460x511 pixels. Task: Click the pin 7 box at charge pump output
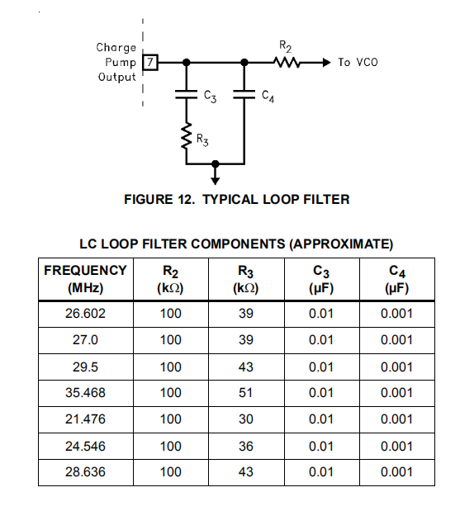pos(150,62)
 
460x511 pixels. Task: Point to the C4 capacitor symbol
pos(245,95)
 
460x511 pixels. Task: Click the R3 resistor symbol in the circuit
pos(187,136)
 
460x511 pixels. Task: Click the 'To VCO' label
pos(358,62)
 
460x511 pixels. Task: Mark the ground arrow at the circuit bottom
pos(216,177)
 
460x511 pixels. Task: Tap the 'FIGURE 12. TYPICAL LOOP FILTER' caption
pos(236,199)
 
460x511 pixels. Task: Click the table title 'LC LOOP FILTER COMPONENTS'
pos(236,244)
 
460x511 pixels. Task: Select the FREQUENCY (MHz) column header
pos(85,279)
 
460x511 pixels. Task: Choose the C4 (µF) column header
pos(397,279)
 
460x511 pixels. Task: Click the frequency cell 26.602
pos(85,314)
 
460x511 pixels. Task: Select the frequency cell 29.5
pos(85,367)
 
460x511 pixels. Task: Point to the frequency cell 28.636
pos(85,473)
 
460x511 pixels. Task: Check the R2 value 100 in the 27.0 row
pos(171,340)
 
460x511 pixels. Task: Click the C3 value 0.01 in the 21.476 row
pos(321,419)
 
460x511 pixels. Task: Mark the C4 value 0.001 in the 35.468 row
pos(397,393)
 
